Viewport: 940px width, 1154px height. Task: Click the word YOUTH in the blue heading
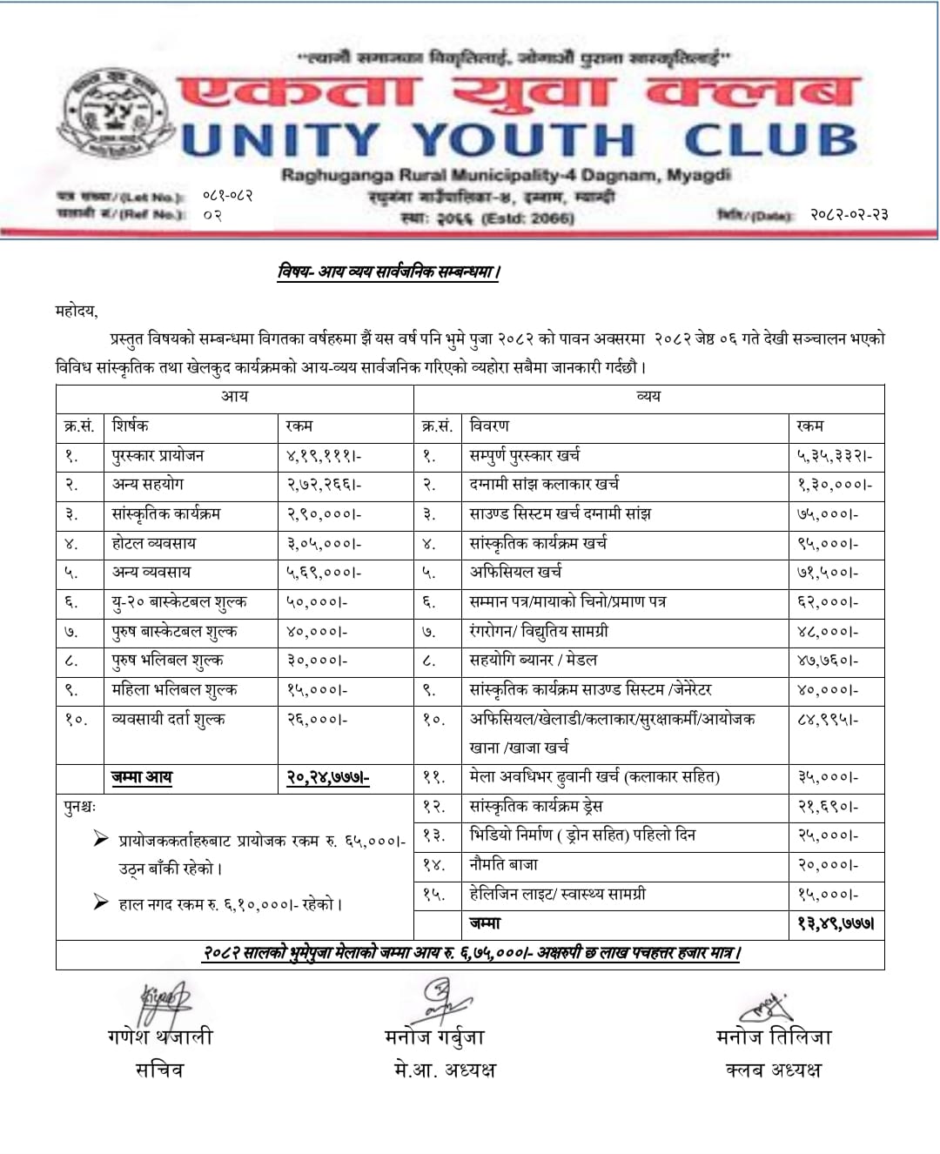tap(523, 141)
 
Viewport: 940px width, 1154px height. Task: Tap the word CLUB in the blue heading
tap(771, 141)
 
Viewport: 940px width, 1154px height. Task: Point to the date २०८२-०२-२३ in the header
tap(849, 214)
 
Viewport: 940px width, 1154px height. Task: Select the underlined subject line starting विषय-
tap(389, 272)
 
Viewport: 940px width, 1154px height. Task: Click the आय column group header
tap(234, 397)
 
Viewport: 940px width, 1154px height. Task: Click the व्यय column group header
tap(648, 397)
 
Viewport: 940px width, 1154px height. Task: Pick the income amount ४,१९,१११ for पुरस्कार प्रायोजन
tap(324, 455)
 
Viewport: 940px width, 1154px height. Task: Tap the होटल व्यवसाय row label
tap(154, 543)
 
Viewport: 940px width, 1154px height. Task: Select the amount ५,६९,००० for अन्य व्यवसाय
tap(324, 573)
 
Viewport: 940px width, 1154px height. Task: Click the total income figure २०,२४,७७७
tap(328, 777)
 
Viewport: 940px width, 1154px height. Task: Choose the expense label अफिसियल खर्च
tap(515, 573)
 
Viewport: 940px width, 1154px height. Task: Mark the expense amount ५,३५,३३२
tap(834, 455)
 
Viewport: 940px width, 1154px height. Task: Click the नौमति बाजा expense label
tap(504, 865)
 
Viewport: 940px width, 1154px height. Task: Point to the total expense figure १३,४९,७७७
tap(836, 923)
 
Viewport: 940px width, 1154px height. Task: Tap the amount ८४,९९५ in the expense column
tap(828, 720)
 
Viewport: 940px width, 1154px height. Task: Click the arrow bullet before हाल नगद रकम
tap(101, 902)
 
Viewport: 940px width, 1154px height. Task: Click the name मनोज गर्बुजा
tap(434, 1037)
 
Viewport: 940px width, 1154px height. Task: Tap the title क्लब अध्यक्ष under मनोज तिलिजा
tap(773, 1070)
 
